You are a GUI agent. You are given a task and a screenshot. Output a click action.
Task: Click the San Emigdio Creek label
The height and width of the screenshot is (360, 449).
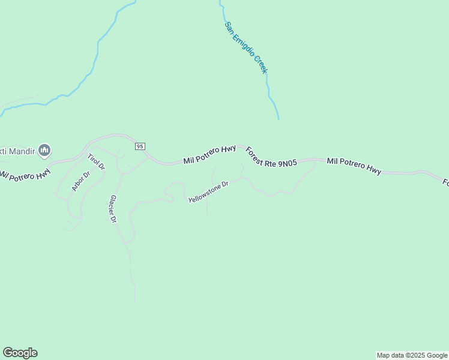coord(246,47)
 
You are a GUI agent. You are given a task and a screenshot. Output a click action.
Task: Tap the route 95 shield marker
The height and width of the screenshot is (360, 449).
coord(140,146)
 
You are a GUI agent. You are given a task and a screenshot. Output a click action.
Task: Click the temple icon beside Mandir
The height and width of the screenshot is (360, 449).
coord(44,150)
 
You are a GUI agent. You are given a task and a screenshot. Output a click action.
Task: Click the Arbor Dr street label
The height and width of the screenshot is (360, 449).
coord(80,181)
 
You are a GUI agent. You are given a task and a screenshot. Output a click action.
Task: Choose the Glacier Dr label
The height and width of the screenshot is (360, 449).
coord(112,208)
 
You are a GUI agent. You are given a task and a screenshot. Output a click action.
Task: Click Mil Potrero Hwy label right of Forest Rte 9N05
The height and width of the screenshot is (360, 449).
coord(354,166)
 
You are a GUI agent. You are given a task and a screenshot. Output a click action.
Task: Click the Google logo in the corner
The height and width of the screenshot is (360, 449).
coord(20,353)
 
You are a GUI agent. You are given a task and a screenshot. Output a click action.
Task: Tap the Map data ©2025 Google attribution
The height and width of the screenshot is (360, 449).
coord(412,355)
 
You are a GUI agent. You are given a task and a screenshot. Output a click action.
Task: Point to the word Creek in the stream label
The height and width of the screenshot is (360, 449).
coord(261,64)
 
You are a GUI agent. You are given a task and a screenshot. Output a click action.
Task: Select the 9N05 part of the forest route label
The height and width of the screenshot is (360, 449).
coord(286,162)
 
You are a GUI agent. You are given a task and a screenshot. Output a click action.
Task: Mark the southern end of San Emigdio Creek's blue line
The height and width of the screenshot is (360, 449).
coord(279,118)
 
